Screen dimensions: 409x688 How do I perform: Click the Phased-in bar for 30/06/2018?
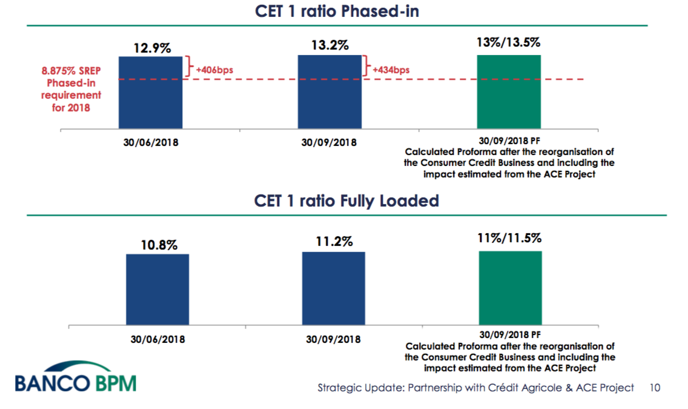150,91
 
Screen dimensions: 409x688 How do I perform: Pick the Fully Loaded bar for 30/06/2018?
157,288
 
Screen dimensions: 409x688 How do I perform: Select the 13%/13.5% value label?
509,43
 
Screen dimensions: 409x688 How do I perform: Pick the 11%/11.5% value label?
510,238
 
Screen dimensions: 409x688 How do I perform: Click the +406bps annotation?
214,70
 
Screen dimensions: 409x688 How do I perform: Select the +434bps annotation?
391,70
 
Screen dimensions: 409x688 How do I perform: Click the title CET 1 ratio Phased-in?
336,12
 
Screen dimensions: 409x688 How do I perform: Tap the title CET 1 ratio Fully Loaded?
346,201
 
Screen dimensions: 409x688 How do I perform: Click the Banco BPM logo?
76,377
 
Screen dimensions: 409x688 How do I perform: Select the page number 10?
654,387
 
